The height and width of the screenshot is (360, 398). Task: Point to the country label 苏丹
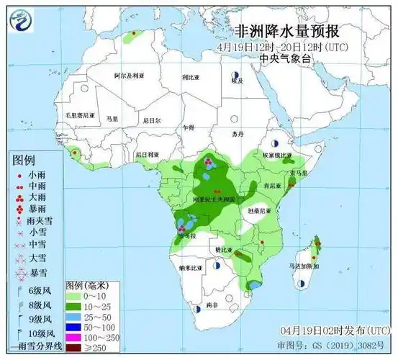coord(238,135)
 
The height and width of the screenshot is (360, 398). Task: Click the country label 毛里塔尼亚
coord(80,115)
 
